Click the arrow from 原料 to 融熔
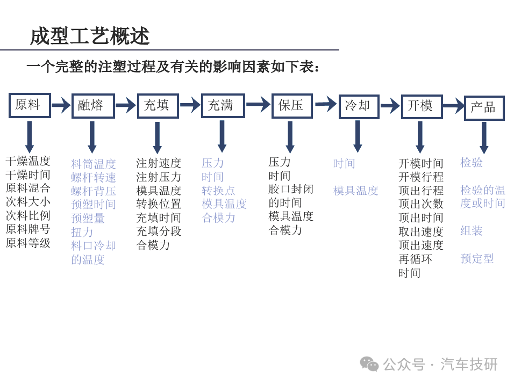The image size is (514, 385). click(61, 105)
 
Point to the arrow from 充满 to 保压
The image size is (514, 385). click(258, 104)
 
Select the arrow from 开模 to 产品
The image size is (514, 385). click(453, 106)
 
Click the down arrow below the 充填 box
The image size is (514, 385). click(158, 137)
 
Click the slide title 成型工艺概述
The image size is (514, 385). click(90, 36)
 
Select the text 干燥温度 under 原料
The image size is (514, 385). click(28, 161)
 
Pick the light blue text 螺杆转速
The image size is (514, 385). click(94, 177)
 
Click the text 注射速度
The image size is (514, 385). click(159, 163)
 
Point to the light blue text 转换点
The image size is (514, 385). click(218, 190)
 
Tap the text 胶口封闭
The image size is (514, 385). click(291, 189)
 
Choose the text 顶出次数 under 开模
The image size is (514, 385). click(421, 204)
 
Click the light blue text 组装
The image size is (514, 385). click(472, 231)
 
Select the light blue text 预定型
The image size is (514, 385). click(477, 258)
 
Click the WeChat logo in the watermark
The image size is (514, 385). click(369, 364)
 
